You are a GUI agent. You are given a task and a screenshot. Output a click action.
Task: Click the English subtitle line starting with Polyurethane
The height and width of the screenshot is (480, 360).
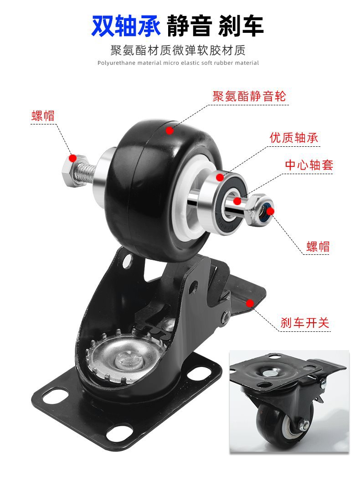[x=178, y=63]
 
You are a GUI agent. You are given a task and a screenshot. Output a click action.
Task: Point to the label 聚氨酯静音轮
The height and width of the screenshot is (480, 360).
[x=249, y=97]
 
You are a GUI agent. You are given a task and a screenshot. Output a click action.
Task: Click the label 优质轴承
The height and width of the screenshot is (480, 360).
[x=294, y=138]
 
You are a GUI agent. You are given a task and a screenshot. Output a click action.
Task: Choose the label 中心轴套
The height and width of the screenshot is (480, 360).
[x=309, y=165]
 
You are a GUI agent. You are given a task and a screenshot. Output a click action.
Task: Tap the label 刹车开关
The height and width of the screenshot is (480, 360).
[x=304, y=323]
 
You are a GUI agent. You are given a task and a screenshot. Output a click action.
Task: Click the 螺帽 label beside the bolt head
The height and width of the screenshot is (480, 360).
[x=43, y=116]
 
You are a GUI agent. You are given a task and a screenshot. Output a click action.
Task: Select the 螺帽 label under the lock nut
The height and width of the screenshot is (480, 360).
[x=318, y=247]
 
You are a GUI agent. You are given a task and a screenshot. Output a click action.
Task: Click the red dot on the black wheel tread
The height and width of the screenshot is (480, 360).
[x=170, y=131]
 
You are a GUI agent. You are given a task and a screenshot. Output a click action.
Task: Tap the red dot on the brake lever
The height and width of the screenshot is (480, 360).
[x=250, y=303]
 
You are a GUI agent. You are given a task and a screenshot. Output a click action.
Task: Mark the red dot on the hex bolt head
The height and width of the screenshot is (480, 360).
[x=72, y=158]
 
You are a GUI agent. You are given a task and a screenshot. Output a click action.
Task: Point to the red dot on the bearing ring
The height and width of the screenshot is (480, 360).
[x=220, y=177]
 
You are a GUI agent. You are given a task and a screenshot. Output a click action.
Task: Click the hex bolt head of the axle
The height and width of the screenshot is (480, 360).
[x=73, y=171]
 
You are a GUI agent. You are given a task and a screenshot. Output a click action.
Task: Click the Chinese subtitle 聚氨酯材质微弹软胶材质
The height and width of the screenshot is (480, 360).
[x=178, y=50]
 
